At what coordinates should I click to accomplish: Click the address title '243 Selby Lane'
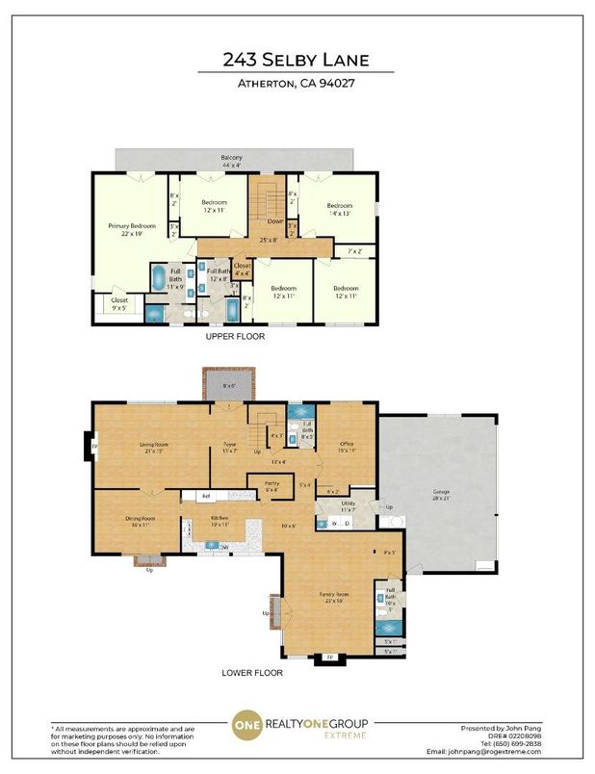(x=297, y=59)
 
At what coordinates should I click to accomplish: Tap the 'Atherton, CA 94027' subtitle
(x=297, y=84)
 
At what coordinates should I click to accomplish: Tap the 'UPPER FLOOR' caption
(x=234, y=337)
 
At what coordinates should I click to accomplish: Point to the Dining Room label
(x=141, y=521)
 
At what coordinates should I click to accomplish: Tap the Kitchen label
(x=220, y=521)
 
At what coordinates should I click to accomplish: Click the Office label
(x=347, y=446)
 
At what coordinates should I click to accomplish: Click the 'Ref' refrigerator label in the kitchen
(x=205, y=497)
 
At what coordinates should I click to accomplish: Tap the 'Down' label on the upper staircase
(x=262, y=219)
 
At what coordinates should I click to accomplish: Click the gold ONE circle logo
(x=247, y=728)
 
